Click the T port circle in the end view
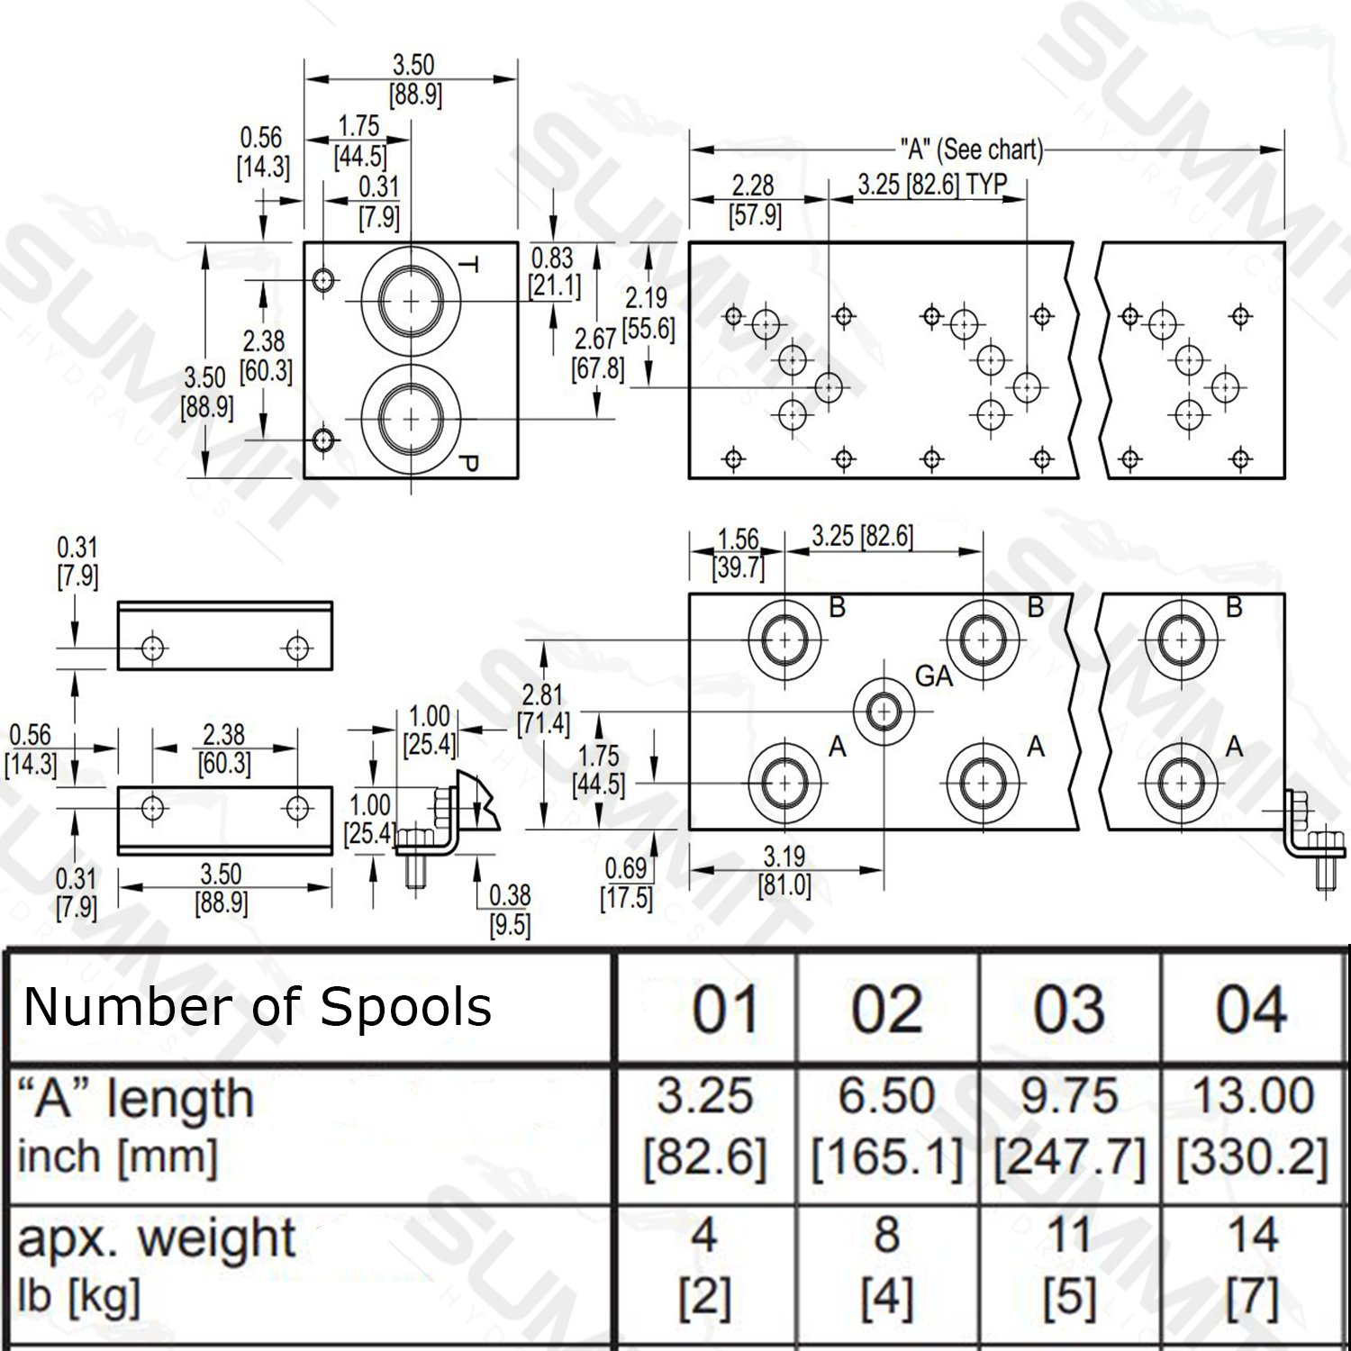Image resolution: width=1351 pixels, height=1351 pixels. tap(411, 301)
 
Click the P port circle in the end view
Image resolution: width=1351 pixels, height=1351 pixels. tap(411, 419)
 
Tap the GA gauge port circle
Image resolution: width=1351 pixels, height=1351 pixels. tap(884, 712)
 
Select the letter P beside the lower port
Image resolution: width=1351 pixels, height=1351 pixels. tap(467, 465)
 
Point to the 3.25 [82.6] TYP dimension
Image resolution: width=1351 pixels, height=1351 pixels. tap(932, 185)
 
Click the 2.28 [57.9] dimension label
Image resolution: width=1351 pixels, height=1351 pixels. tap(754, 200)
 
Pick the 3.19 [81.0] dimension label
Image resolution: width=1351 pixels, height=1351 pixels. tap(784, 871)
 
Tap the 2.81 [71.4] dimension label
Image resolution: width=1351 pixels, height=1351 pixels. tap(542, 709)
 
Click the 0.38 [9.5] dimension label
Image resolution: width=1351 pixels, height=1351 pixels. tap(510, 911)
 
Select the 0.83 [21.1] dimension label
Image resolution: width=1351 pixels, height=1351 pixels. tap(553, 272)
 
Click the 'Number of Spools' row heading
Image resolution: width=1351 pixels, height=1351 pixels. tap(258, 1006)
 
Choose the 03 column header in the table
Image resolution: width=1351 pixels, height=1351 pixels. tap(1069, 1009)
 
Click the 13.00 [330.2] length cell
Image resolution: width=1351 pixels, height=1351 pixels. tap(1253, 1126)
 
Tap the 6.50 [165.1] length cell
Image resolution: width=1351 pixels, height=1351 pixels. tap(887, 1126)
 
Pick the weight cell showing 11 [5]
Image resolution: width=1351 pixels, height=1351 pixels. tap(1069, 1265)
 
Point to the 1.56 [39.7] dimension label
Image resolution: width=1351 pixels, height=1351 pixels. tap(739, 553)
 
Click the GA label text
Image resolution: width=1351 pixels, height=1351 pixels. tap(934, 675)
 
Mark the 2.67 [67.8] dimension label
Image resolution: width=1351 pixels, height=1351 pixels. tap(597, 354)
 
